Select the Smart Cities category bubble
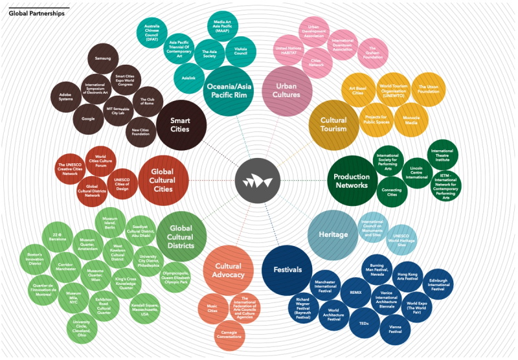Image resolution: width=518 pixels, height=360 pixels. [180, 120]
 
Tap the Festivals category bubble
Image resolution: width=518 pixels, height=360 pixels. [287, 269]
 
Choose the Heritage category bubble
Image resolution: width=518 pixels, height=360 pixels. [333, 234]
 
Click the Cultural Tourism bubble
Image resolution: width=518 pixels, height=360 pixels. [333, 124]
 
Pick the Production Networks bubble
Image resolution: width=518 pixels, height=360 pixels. [352, 181]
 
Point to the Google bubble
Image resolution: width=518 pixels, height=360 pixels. [88, 120]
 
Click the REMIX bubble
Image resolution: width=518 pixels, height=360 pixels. [355, 292]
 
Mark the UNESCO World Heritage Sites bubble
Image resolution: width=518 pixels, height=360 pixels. [401, 240]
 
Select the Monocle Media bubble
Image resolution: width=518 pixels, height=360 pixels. [411, 120]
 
